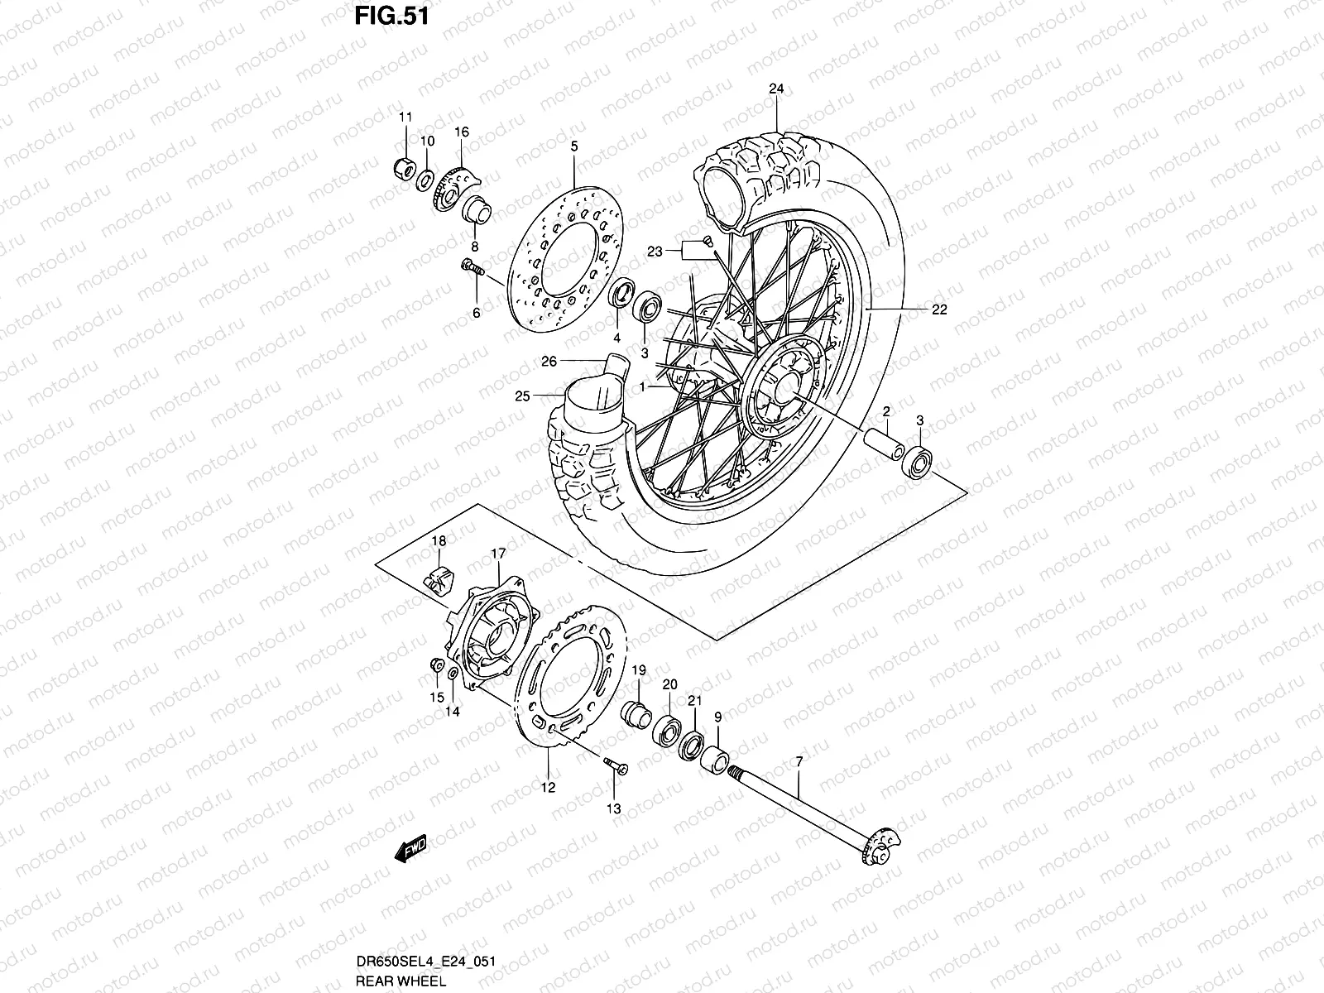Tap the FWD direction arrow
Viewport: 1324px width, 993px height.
410,847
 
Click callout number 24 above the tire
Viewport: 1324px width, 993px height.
775,89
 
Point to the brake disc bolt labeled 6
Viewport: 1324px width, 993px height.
472,266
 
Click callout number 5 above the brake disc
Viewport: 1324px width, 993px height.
597,146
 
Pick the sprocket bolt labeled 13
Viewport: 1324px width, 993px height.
614,767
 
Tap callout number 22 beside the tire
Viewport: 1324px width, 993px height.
938,310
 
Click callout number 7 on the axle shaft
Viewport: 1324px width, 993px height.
799,760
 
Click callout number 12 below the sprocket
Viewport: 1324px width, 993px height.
548,788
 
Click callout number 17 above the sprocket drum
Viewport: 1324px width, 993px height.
498,553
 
